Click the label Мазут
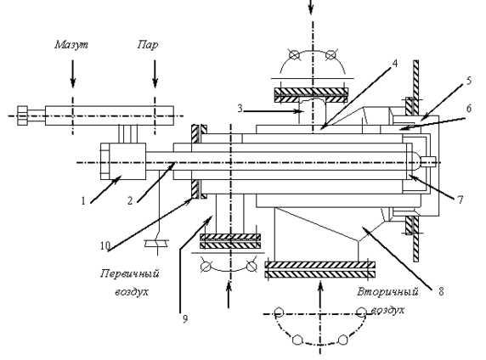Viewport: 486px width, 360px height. [x=71, y=45]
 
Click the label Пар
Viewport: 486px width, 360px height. [x=148, y=45]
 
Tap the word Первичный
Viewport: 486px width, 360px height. [x=130, y=274]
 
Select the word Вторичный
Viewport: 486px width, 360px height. [x=387, y=291]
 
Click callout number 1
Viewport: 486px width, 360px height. [x=83, y=201]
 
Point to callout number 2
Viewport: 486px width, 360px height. [x=130, y=201]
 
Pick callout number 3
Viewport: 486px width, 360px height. [x=240, y=109]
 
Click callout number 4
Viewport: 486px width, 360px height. [x=394, y=63]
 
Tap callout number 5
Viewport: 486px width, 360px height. [x=469, y=81]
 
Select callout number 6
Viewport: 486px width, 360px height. [x=469, y=108]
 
